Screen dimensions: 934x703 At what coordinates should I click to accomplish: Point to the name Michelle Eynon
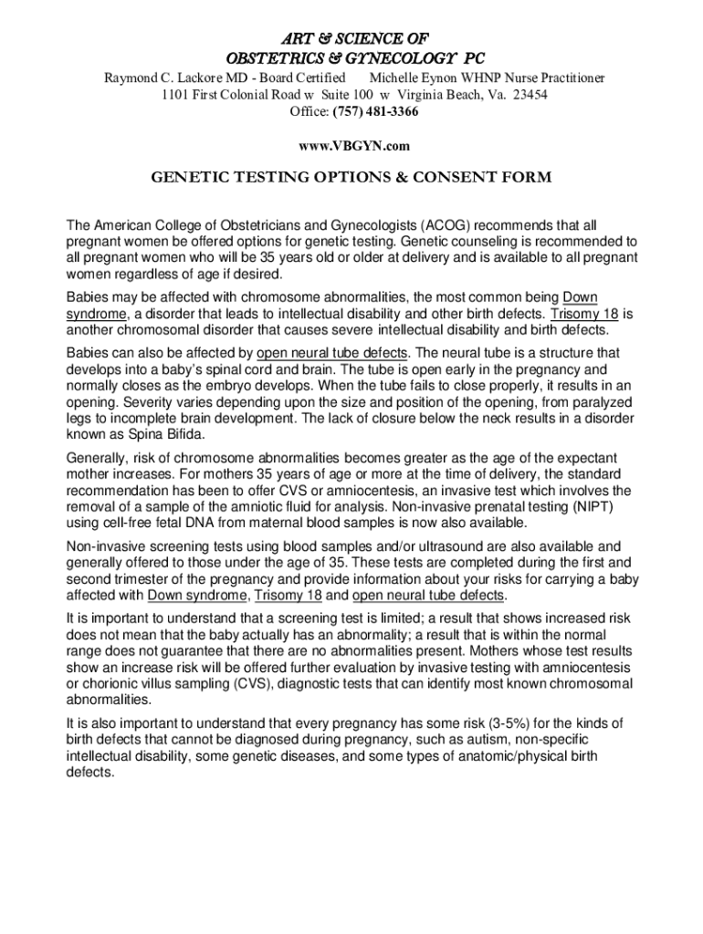412,79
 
